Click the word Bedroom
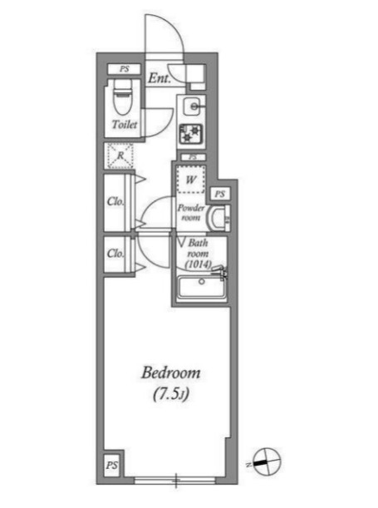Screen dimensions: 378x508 [171, 372]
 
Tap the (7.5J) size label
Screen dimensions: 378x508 [170, 394]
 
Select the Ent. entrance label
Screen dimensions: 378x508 [160, 78]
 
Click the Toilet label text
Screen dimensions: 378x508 [125, 124]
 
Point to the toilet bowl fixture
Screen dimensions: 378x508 [123, 96]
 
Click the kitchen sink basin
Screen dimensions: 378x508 [194, 106]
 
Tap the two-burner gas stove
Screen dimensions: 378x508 [191, 134]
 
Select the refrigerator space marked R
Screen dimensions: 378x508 [120, 155]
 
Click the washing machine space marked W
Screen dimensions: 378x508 [191, 180]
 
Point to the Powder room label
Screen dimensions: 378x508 [191, 212]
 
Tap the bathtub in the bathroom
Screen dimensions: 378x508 [202, 288]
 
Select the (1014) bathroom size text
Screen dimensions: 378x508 [198, 264]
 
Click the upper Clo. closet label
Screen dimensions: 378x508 [115, 201]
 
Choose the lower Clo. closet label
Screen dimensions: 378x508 [115, 253]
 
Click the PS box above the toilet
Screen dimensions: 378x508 [125, 69]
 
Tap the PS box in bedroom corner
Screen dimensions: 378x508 [111, 466]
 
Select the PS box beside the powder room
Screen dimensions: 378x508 [220, 194]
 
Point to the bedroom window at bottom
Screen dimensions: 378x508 [175, 481]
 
